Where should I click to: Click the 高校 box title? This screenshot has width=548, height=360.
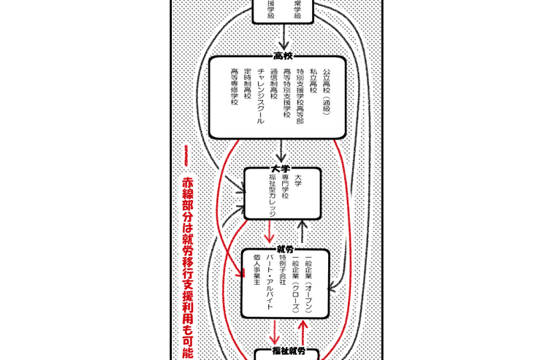tap(283, 56)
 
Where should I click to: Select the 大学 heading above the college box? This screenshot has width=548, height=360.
tap(281, 168)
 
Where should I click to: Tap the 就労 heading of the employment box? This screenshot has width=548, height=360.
tap(285, 250)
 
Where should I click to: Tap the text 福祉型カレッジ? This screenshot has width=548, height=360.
tap(273, 194)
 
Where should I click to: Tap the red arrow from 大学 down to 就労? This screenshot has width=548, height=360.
tap(270, 232)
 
